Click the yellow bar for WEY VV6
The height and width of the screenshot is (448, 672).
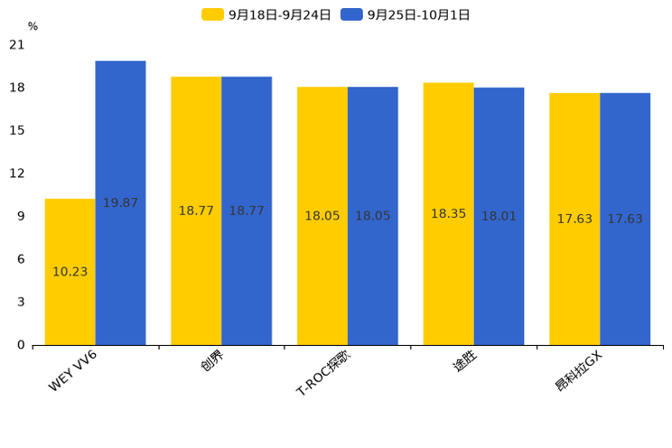tap(70, 271)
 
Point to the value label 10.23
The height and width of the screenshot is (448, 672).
tap(70, 272)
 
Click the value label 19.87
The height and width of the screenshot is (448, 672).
tap(120, 203)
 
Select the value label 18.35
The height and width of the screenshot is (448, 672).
tap(448, 214)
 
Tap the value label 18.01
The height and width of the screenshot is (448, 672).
tap(499, 217)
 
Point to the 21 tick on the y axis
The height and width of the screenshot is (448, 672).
tap(17, 44)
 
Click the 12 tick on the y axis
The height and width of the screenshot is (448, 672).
tap(17, 173)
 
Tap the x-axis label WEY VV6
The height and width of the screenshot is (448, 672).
tap(73, 371)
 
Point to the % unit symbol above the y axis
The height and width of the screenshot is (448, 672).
tap(33, 26)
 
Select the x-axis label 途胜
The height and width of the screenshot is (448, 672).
tap(464, 362)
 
